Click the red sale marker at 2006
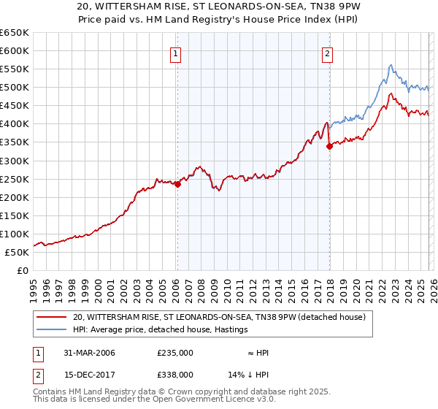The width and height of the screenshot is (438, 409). pos(177,184)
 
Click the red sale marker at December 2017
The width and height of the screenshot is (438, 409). pos(329,146)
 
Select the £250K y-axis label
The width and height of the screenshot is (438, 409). pos(15,179)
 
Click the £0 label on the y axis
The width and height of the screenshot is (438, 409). pos(23,270)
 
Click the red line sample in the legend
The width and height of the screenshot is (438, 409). pos(53,318)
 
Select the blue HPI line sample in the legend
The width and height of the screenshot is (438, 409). pos(53,330)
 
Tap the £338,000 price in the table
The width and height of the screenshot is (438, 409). pos(175,374)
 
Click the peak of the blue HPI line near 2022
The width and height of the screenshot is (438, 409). pos(391,65)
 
